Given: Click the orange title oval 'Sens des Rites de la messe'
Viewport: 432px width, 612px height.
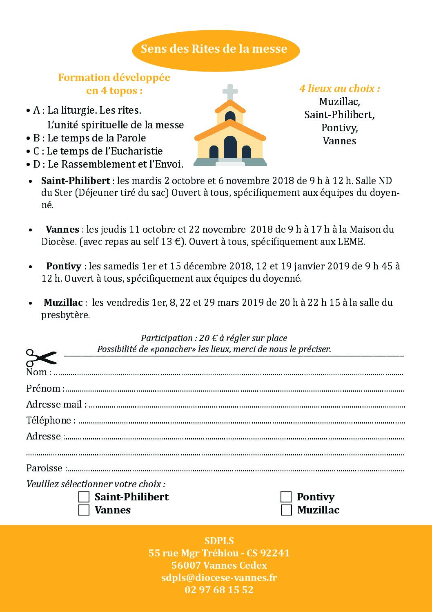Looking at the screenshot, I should pos(216,49).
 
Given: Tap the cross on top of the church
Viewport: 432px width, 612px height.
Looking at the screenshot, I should pos(230,92).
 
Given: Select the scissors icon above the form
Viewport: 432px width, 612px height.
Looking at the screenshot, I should pos(41,358).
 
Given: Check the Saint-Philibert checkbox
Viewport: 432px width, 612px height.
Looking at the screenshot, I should pos(84,497).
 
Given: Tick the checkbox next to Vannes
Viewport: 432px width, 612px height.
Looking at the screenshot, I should pos(84,510).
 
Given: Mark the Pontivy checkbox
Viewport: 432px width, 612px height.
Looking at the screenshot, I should pos(286,497).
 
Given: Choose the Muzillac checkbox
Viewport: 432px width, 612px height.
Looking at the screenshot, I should pos(286,510).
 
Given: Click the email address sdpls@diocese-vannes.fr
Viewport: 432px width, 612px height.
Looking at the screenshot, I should pos(219,577).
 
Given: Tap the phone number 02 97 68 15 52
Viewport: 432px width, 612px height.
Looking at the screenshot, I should pos(219,590).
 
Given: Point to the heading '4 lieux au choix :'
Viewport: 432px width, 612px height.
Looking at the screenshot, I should pos(340,88).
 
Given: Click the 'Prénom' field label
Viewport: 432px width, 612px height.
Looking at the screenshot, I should pos(44,388).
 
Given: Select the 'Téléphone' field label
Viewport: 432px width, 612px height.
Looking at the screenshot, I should pos(49,420).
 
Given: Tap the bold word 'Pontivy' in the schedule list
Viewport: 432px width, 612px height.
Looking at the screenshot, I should pos(64,266).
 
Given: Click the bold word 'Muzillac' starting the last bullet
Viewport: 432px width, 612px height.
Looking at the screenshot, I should pos(63,303).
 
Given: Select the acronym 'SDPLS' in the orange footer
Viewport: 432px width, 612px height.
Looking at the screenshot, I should pos(219,540).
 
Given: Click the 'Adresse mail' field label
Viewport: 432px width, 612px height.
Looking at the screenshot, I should pos(54,404).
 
